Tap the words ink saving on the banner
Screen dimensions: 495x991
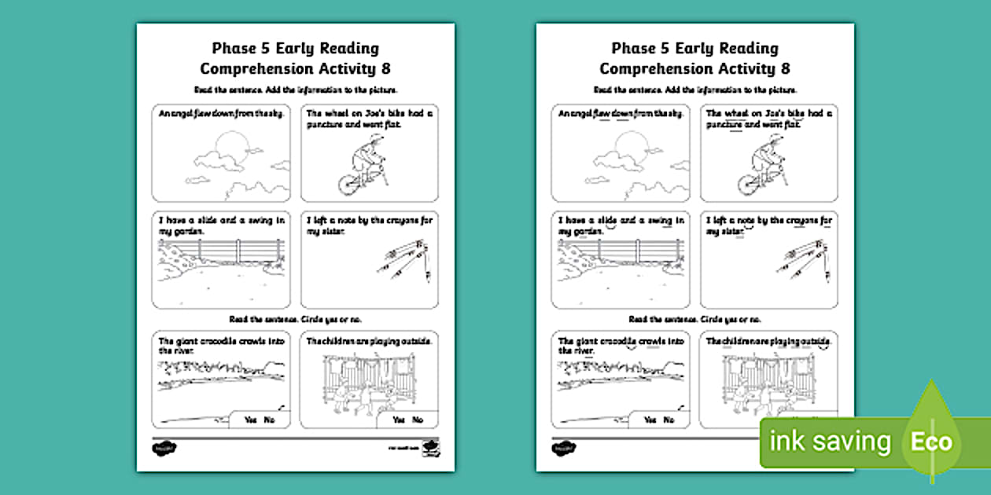[831, 442]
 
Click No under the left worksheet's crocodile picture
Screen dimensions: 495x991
[270, 420]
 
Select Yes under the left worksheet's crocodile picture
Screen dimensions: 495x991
[251, 420]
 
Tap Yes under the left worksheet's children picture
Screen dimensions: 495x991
[399, 420]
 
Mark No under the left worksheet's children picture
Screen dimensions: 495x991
[418, 420]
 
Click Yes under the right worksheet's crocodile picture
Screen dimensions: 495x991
[650, 420]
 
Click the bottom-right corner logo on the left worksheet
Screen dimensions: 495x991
[430, 448]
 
